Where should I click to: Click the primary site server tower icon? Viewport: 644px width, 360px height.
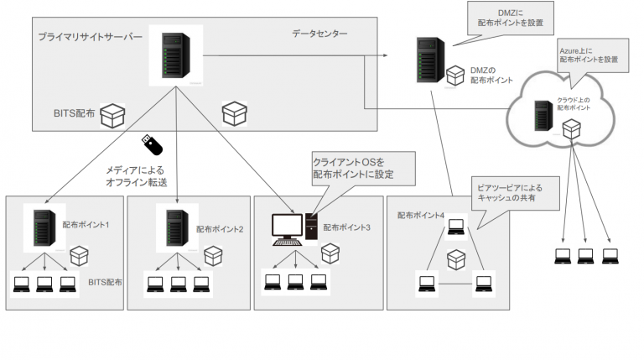174,55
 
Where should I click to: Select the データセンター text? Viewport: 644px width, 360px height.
319,34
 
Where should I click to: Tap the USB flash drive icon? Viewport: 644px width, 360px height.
147,143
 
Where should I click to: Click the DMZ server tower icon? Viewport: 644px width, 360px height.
428,58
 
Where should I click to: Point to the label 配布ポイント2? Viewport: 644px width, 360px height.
220,228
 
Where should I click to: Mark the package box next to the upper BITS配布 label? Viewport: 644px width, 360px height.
112,116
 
